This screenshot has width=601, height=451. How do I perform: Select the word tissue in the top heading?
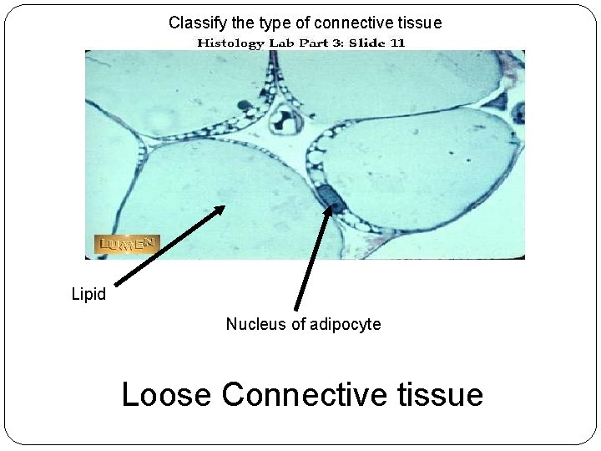[418, 23]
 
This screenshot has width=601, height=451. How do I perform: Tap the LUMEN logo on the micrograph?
[126, 244]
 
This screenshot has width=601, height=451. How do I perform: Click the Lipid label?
[88, 295]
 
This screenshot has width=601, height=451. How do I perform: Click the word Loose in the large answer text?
[167, 393]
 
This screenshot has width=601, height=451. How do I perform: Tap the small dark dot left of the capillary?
[245, 105]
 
